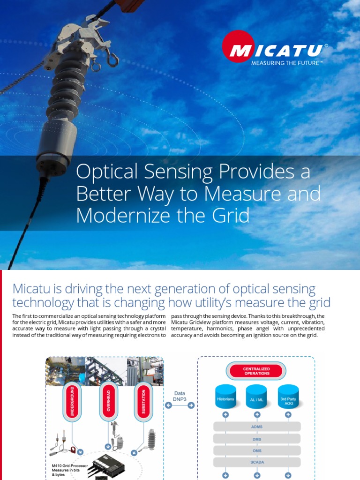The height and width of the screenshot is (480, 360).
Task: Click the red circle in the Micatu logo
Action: pyautogui.click(x=238, y=46)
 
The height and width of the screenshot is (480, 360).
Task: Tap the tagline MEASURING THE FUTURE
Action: pyautogui.click(x=287, y=62)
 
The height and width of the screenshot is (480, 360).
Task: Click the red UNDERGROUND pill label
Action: pyautogui.click(x=72, y=401)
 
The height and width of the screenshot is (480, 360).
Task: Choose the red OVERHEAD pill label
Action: pyautogui.click(x=108, y=401)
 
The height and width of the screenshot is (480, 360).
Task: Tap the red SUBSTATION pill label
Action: pyautogui.click(x=143, y=401)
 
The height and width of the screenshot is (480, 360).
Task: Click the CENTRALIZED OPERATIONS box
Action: pyautogui.click(x=256, y=371)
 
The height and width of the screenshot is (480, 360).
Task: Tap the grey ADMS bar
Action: pyautogui.click(x=256, y=427)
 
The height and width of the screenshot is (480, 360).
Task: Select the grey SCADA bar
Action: pyautogui.click(x=256, y=462)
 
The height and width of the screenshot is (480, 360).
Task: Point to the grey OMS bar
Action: pyautogui.click(x=256, y=450)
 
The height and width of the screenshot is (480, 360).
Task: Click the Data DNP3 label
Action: pyautogui.click(x=179, y=397)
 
